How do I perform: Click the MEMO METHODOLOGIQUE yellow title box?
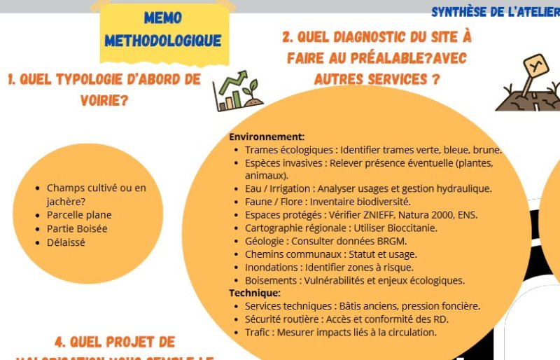pos(162,29)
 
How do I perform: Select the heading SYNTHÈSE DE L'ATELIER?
pos(494,11)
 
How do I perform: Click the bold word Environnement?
pos(267,137)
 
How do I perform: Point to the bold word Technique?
pos(255,293)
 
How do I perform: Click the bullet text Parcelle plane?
pos(79,215)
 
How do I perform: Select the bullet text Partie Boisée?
pos(77,228)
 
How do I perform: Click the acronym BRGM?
pos(393,241)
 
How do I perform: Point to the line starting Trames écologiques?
pos(373,150)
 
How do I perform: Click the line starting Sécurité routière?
pos(346,319)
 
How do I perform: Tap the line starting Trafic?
pos(340,332)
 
